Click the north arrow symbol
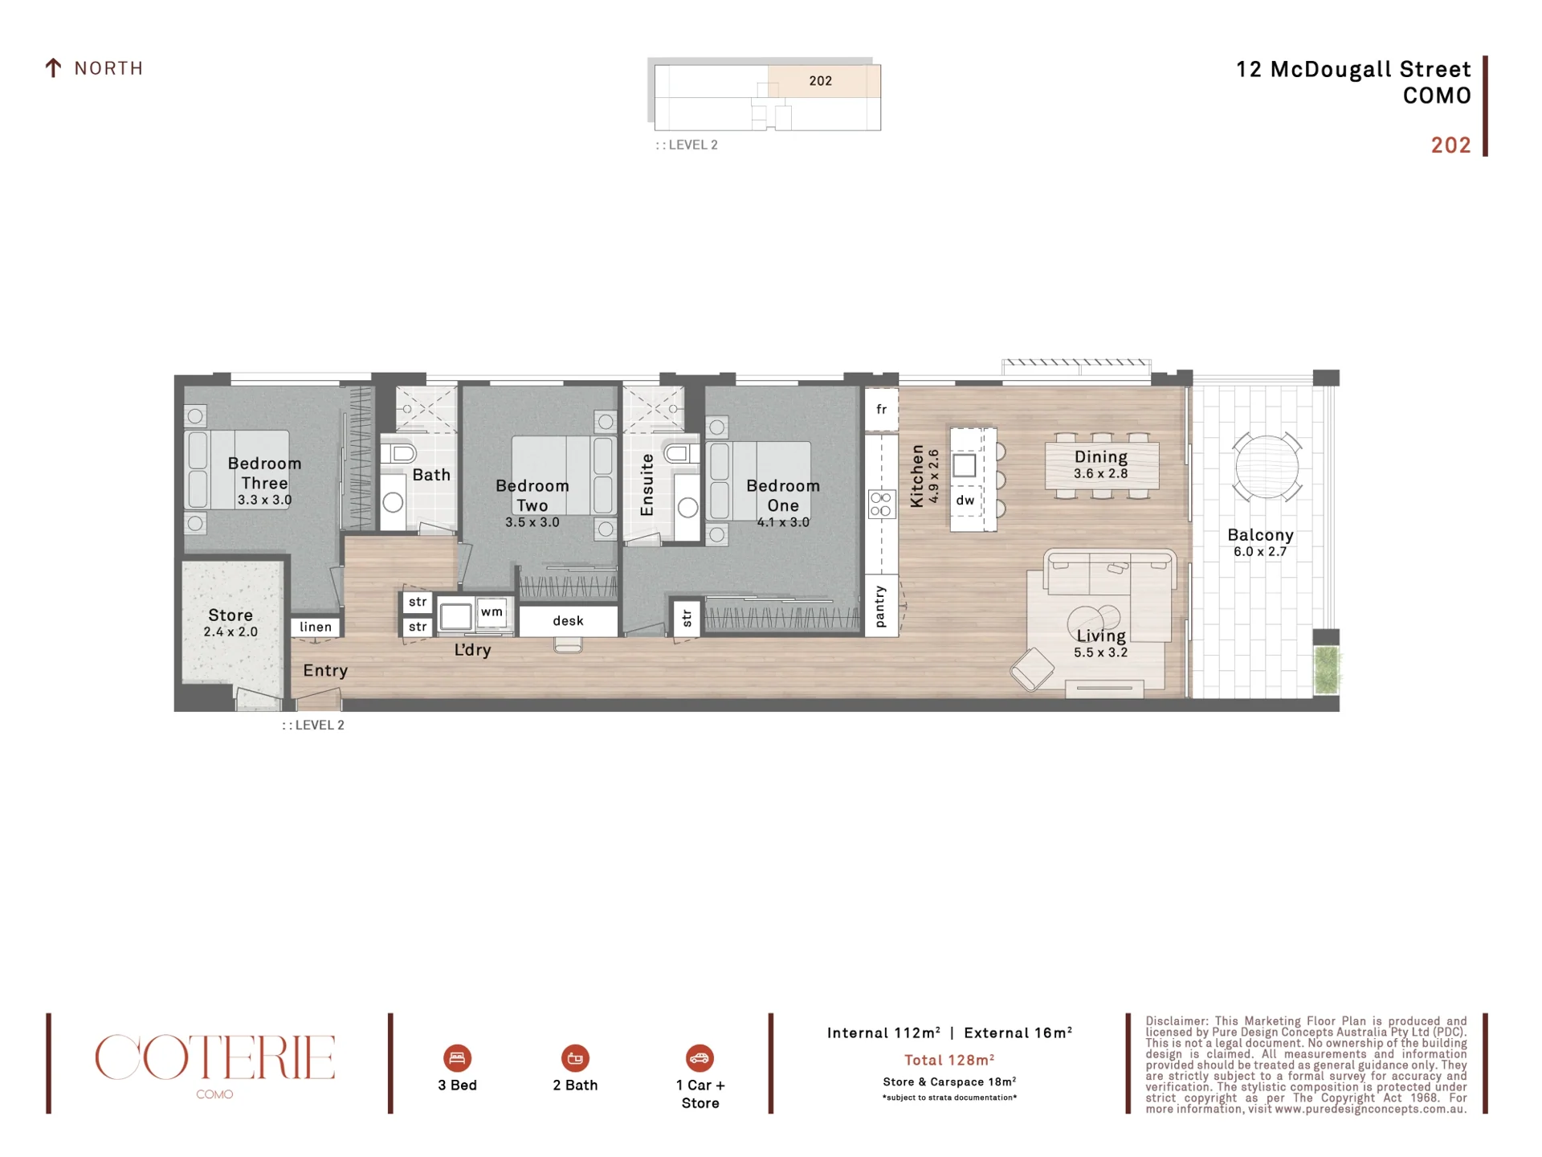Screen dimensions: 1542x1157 [x=53, y=68]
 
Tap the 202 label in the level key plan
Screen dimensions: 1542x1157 [x=820, y=81]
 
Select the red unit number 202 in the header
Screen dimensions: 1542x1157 [x=1450, y=145]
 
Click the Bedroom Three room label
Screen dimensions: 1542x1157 [x=264, y=473]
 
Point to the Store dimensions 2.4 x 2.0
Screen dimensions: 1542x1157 [x=230, y=632]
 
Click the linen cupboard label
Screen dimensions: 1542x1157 [x=316, y=628]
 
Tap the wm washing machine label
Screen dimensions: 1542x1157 [x=492, y=612]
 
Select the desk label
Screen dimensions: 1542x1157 [x=568, y=621]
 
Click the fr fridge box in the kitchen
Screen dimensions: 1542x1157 [x=881, y=410]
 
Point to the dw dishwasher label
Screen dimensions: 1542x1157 [x=965, y=501]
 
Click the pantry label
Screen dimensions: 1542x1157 [x=880, y=606]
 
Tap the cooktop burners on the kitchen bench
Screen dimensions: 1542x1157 [x=881, y=505]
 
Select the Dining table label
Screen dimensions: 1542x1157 [x=1100, y=457]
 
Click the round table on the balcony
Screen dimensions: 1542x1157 [x=1267, y=467]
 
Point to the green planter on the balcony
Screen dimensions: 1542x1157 [x=1327, y=670]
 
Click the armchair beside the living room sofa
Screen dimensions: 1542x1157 [x=1032, y=668]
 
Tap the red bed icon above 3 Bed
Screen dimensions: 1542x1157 [x=457, y=1058]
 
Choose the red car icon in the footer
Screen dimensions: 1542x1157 [x=700, y=1058]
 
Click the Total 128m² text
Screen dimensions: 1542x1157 [x=949, y=1060]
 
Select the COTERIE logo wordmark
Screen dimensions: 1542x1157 [x=214, y=1057]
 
